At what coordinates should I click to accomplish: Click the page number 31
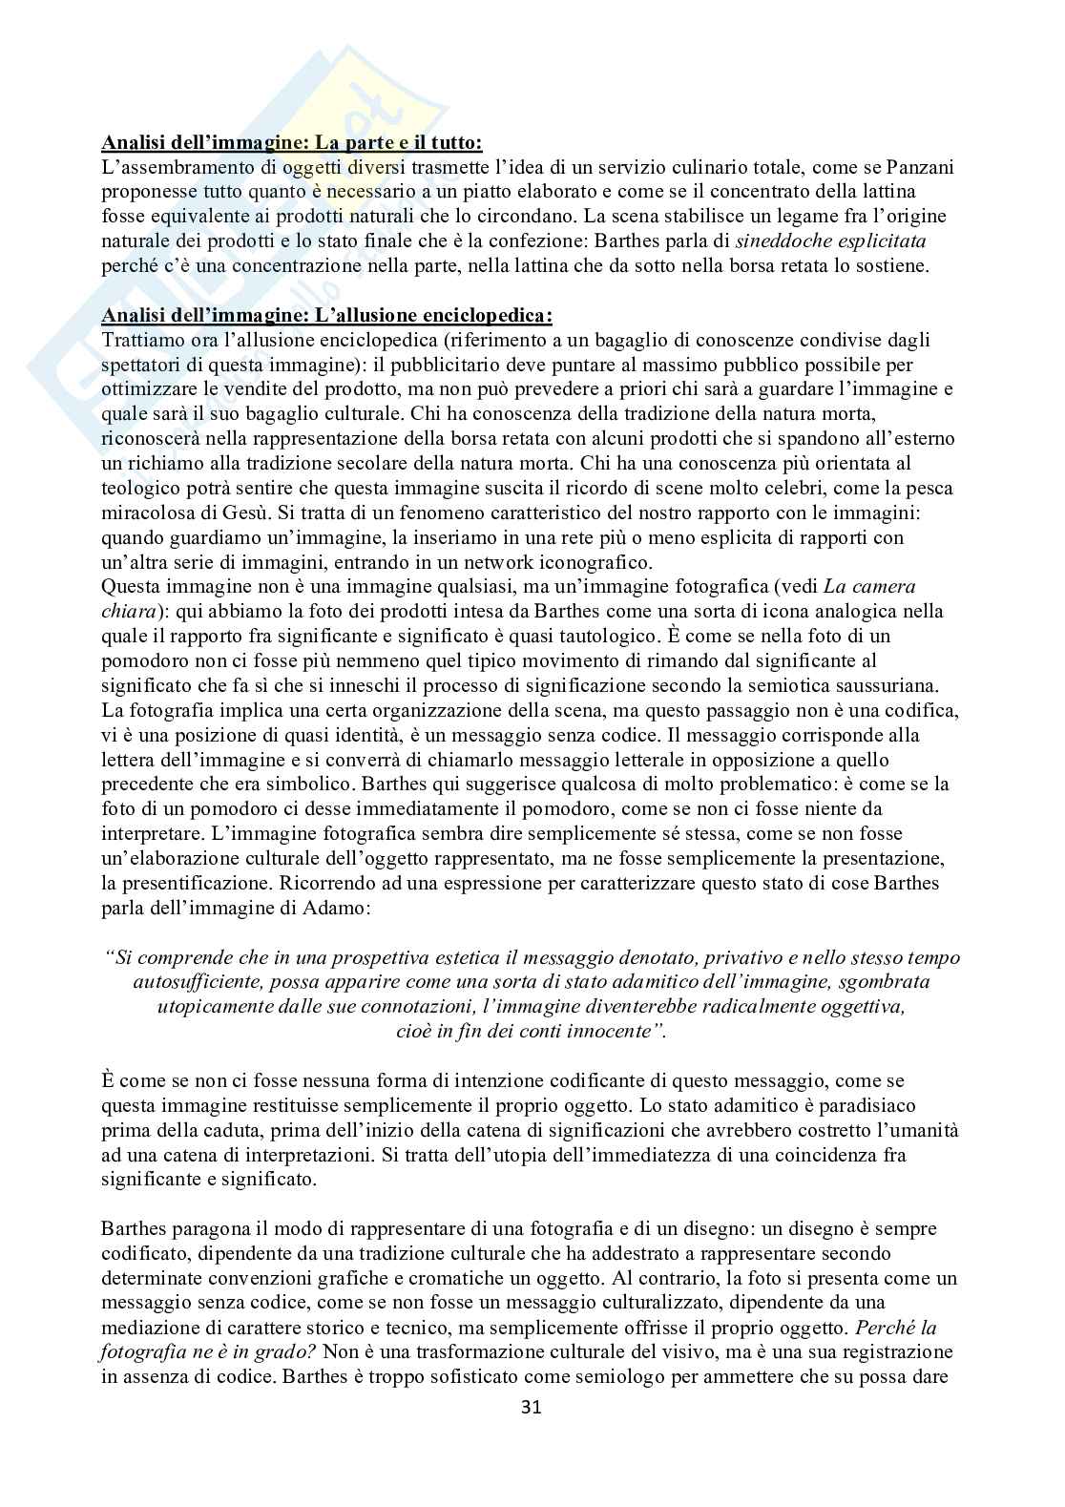[x=532, y=1407]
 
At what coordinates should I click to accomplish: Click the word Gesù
[x=177, y=513]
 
